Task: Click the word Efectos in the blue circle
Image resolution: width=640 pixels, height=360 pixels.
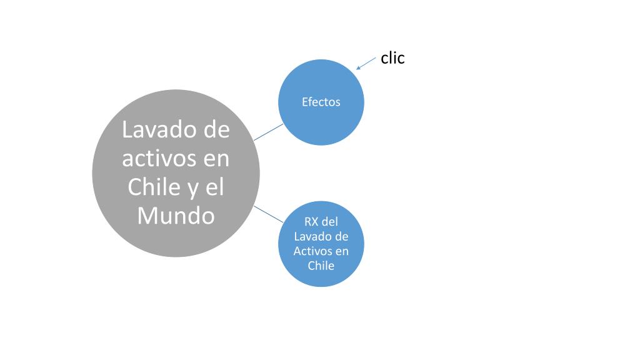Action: click(x=321, y=102)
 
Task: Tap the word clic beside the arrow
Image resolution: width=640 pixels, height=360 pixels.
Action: click(x=392, y=58)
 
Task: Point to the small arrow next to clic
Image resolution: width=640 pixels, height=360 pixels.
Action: click(x=366, y=64)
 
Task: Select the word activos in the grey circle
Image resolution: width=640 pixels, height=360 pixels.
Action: click(x=156, y=158)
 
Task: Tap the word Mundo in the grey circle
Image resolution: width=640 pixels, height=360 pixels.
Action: click(x=176, y=216)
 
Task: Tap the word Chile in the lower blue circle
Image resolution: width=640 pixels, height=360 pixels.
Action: click(x=321, y=265)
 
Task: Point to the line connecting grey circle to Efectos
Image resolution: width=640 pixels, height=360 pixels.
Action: click(x=268, y=131)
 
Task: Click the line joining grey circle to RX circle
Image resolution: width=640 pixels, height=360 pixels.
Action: click(x=269, y=214)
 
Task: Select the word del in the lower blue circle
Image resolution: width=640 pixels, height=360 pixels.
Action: click(x=331, y=222)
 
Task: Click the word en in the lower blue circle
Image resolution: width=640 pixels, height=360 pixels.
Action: click(x=342, y=251)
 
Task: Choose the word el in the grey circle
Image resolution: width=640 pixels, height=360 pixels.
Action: click(x=215, y=187)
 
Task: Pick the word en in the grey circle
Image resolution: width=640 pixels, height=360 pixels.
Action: click(x=217, y=159)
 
